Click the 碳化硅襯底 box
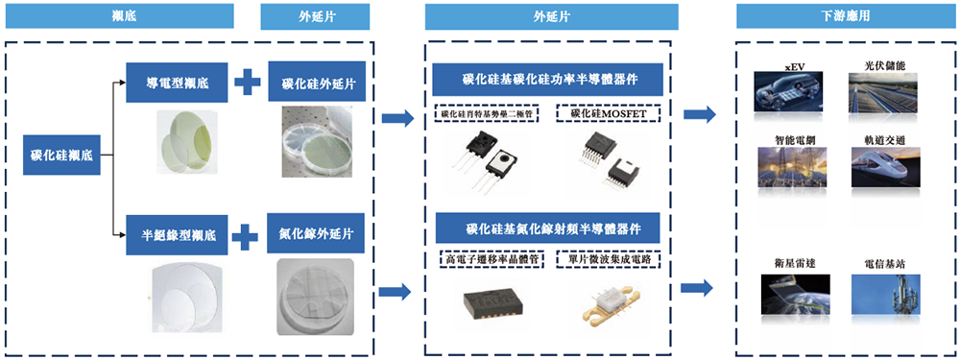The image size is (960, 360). tap(61, 154)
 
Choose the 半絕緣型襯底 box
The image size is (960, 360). tap(180, 233)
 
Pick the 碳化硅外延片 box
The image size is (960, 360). tap(317, 84)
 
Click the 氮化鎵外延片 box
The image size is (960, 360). tap(316, 233)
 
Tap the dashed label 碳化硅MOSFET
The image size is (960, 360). tap(609, 113)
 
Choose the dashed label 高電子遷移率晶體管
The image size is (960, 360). tap(488, 258)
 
